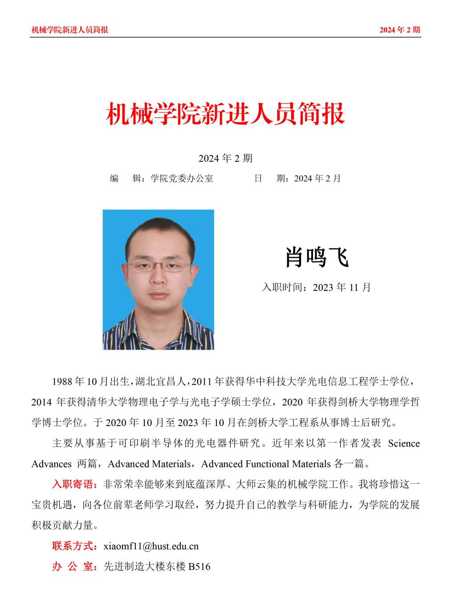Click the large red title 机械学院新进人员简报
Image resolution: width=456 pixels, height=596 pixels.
[225, 114]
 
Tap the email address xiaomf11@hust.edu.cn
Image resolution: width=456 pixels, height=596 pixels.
[151, 546]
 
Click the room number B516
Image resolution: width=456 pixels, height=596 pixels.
[199, 567]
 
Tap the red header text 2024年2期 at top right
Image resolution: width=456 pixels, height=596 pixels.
[399, 30]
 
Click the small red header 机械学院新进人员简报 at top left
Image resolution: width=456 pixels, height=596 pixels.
[70, 30]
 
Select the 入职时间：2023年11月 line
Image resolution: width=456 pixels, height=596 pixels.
[316, 287]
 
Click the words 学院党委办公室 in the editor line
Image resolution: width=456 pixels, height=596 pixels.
[182, 178]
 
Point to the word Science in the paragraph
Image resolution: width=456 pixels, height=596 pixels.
[404, 443]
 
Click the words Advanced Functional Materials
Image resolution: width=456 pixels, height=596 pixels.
[265, 464]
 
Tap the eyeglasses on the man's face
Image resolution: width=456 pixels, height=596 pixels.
[159, 266]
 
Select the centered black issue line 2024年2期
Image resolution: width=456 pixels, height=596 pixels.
[225, 158]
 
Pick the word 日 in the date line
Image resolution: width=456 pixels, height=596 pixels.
[257, 178]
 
